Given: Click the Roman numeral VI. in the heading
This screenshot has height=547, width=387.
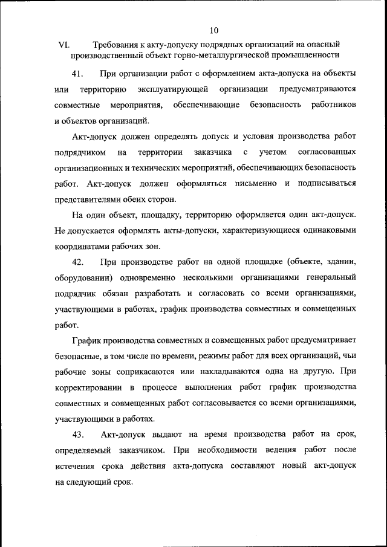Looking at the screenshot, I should [x=64, y=44].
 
